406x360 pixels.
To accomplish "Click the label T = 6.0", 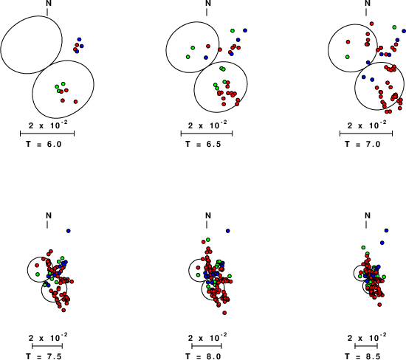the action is [44, 144].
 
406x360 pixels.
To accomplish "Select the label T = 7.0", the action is [362, 144].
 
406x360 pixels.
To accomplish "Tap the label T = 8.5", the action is [362, 356].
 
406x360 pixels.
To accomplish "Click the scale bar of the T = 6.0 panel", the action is [47, 134].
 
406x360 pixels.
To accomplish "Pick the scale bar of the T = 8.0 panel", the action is [207, 346].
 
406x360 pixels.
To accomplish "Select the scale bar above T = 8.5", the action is [366, 346].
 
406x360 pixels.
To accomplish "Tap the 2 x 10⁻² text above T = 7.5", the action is [48, 337].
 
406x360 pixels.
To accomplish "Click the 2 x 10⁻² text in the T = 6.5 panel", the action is [207, 125].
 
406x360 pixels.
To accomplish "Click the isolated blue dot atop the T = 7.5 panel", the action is [69, 231].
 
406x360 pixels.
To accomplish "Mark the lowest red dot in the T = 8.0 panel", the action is [224, 313].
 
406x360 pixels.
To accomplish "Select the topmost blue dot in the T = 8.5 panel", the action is [386, 230].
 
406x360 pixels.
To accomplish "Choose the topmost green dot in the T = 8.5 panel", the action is [363, 247].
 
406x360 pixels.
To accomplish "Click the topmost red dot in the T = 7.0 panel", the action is [371, 24].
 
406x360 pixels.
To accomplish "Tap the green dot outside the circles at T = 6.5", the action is [233, 31].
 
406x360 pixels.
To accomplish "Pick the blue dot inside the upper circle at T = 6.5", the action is [206, 58].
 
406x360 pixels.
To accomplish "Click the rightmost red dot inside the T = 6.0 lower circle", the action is [75, 102].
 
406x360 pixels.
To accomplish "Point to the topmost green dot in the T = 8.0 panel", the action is [208, 240].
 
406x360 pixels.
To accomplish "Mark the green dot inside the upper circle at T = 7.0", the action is [348, 57].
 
